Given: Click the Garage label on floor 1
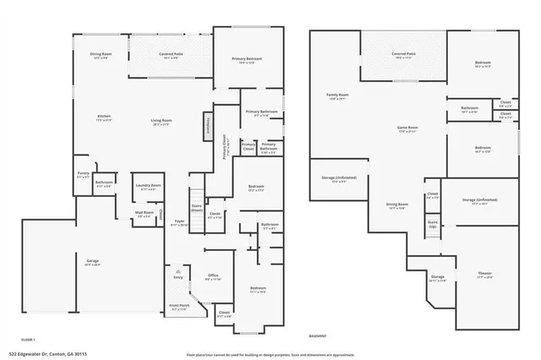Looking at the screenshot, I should pyautogui.click(x=92, y=263).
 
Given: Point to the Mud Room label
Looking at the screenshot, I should pyautogui.click(x=145, y=215).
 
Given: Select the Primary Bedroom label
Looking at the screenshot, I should pyautogui.click(x=248, y=60).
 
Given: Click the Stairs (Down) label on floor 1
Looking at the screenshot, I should pyautogui.click(x=196, y=209).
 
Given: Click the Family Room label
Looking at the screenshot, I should pyautogui.click(x=338, y=97).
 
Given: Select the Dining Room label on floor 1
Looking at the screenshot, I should pyautogui.click(x=101, y=57).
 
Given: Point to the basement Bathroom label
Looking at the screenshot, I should pyautogui.click(x=470, y=109).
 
